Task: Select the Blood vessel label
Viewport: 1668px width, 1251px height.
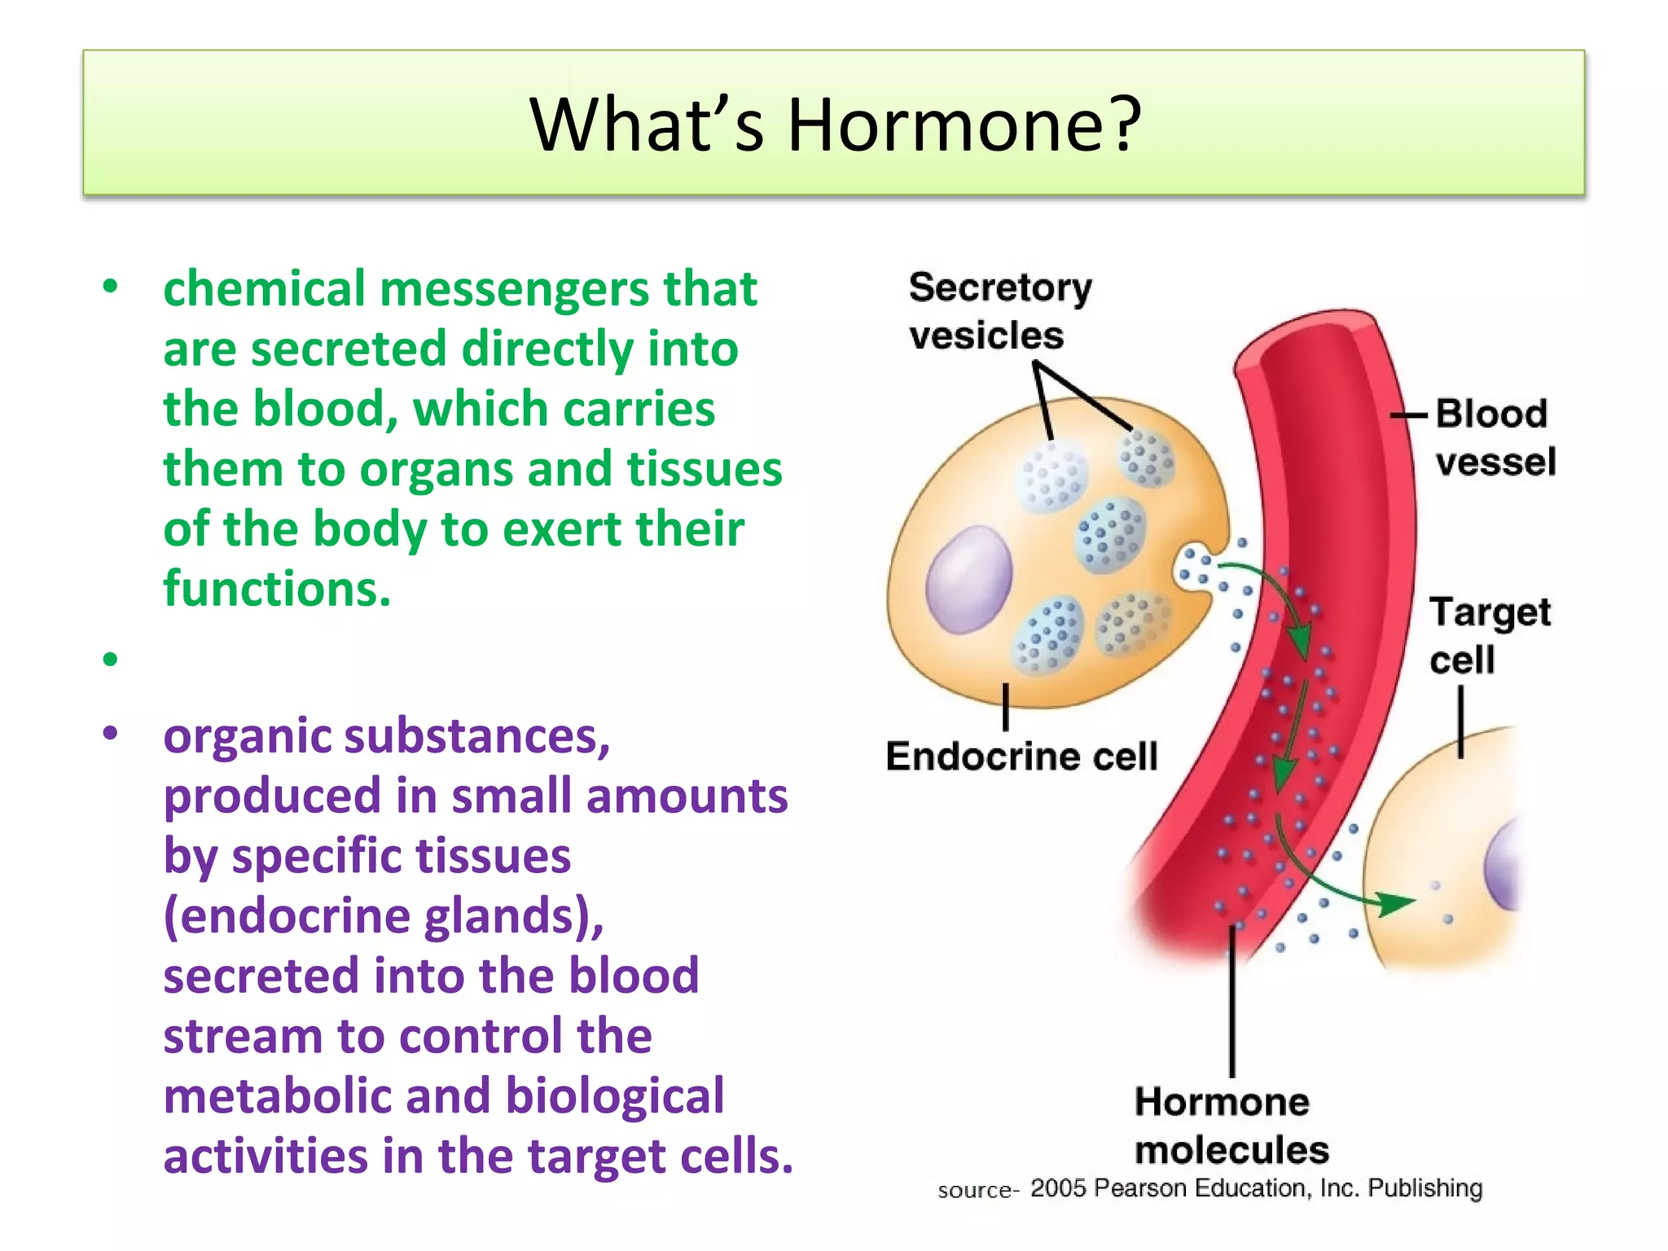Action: coord(1495,437)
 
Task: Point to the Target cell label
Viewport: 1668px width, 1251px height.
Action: coord(1489,635)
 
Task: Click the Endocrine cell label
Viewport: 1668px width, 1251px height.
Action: coord(1021,756)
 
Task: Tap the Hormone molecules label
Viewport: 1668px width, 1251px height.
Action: coord(1230,1126)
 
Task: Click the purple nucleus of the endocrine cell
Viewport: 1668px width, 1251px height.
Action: coord(968,579)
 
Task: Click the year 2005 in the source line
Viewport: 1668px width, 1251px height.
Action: coord(1057,1188)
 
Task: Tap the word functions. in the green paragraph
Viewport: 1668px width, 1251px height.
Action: coord(277,588)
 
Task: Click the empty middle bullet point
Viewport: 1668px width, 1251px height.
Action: coord(111,658)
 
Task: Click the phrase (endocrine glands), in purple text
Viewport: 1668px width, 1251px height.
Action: coord(384,916)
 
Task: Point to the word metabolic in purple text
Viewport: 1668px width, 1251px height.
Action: coord(277,1096)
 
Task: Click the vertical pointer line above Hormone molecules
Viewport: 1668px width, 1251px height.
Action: coord(1232,1002)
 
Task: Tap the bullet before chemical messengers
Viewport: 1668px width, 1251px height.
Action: coord(111,287)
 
